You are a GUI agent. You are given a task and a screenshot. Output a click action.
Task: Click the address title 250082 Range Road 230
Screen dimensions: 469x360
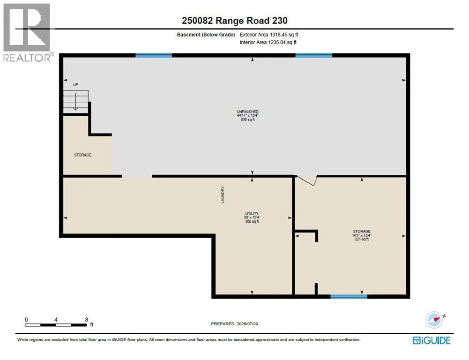coord(234,20)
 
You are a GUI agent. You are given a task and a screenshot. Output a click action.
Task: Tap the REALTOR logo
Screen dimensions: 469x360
coord(28,32)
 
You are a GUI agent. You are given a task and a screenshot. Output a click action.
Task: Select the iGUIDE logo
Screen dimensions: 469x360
coord(432,340)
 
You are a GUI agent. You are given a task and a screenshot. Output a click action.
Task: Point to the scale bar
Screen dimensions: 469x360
coord(56,325)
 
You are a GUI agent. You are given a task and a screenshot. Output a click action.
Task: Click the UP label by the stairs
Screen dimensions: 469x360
coord(76,85)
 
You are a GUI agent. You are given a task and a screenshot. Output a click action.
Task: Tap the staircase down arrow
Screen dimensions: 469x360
coord(76,101)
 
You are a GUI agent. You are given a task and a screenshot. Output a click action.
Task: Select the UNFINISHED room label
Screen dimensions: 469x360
coord(248,112)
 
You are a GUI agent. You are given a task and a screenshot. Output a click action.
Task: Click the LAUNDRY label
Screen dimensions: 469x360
coord(223,195)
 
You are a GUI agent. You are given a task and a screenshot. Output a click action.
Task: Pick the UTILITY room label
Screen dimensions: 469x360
coord(252,214)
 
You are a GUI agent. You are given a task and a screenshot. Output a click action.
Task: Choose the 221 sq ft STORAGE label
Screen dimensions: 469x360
coord(362,235)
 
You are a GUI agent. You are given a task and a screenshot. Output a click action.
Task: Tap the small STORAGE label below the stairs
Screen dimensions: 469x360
coord(83,155)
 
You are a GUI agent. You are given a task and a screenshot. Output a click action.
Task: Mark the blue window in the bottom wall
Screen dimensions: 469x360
coord(349,297)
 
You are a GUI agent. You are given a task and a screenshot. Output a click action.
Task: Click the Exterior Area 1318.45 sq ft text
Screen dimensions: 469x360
coord(269,35)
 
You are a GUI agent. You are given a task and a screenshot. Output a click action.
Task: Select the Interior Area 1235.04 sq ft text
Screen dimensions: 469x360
coord(268,43)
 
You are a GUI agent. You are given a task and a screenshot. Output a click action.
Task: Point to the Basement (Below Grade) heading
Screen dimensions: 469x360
coord(206,35)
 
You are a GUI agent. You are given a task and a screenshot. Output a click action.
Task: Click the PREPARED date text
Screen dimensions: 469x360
coord(234,324)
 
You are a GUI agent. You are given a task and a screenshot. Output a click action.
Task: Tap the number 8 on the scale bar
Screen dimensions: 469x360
coord(86,320)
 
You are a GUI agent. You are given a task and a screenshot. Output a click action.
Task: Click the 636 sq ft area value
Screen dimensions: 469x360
coord(248,120)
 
